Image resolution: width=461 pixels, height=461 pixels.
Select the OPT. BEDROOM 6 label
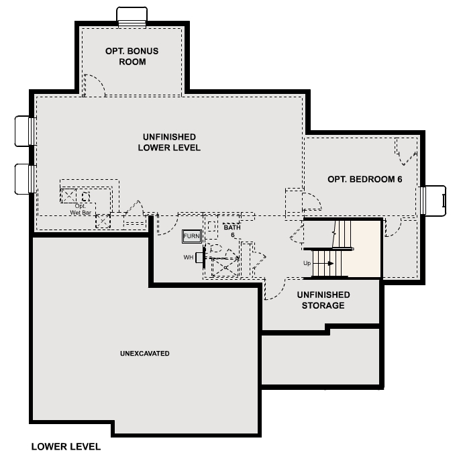pos(360,179)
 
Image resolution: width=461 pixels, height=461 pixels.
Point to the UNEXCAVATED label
pos(144,353)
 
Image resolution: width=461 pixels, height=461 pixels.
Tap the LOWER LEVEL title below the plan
pos(66,446)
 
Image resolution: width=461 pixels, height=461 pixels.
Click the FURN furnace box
pos(191,236)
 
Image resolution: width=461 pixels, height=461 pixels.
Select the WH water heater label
pos(188,257)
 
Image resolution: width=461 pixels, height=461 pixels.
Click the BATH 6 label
pos(232,230)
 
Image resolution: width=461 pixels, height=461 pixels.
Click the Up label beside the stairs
pos(307,263)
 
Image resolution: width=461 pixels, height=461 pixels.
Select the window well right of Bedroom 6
pos(433,199)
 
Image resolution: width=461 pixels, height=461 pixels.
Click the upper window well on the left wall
pos(25,130)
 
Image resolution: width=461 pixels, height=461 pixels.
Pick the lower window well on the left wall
pos(25,178)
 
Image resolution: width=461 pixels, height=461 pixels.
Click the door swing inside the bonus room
pos(94,84)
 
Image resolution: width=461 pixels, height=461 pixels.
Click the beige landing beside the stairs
pos(366,248)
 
